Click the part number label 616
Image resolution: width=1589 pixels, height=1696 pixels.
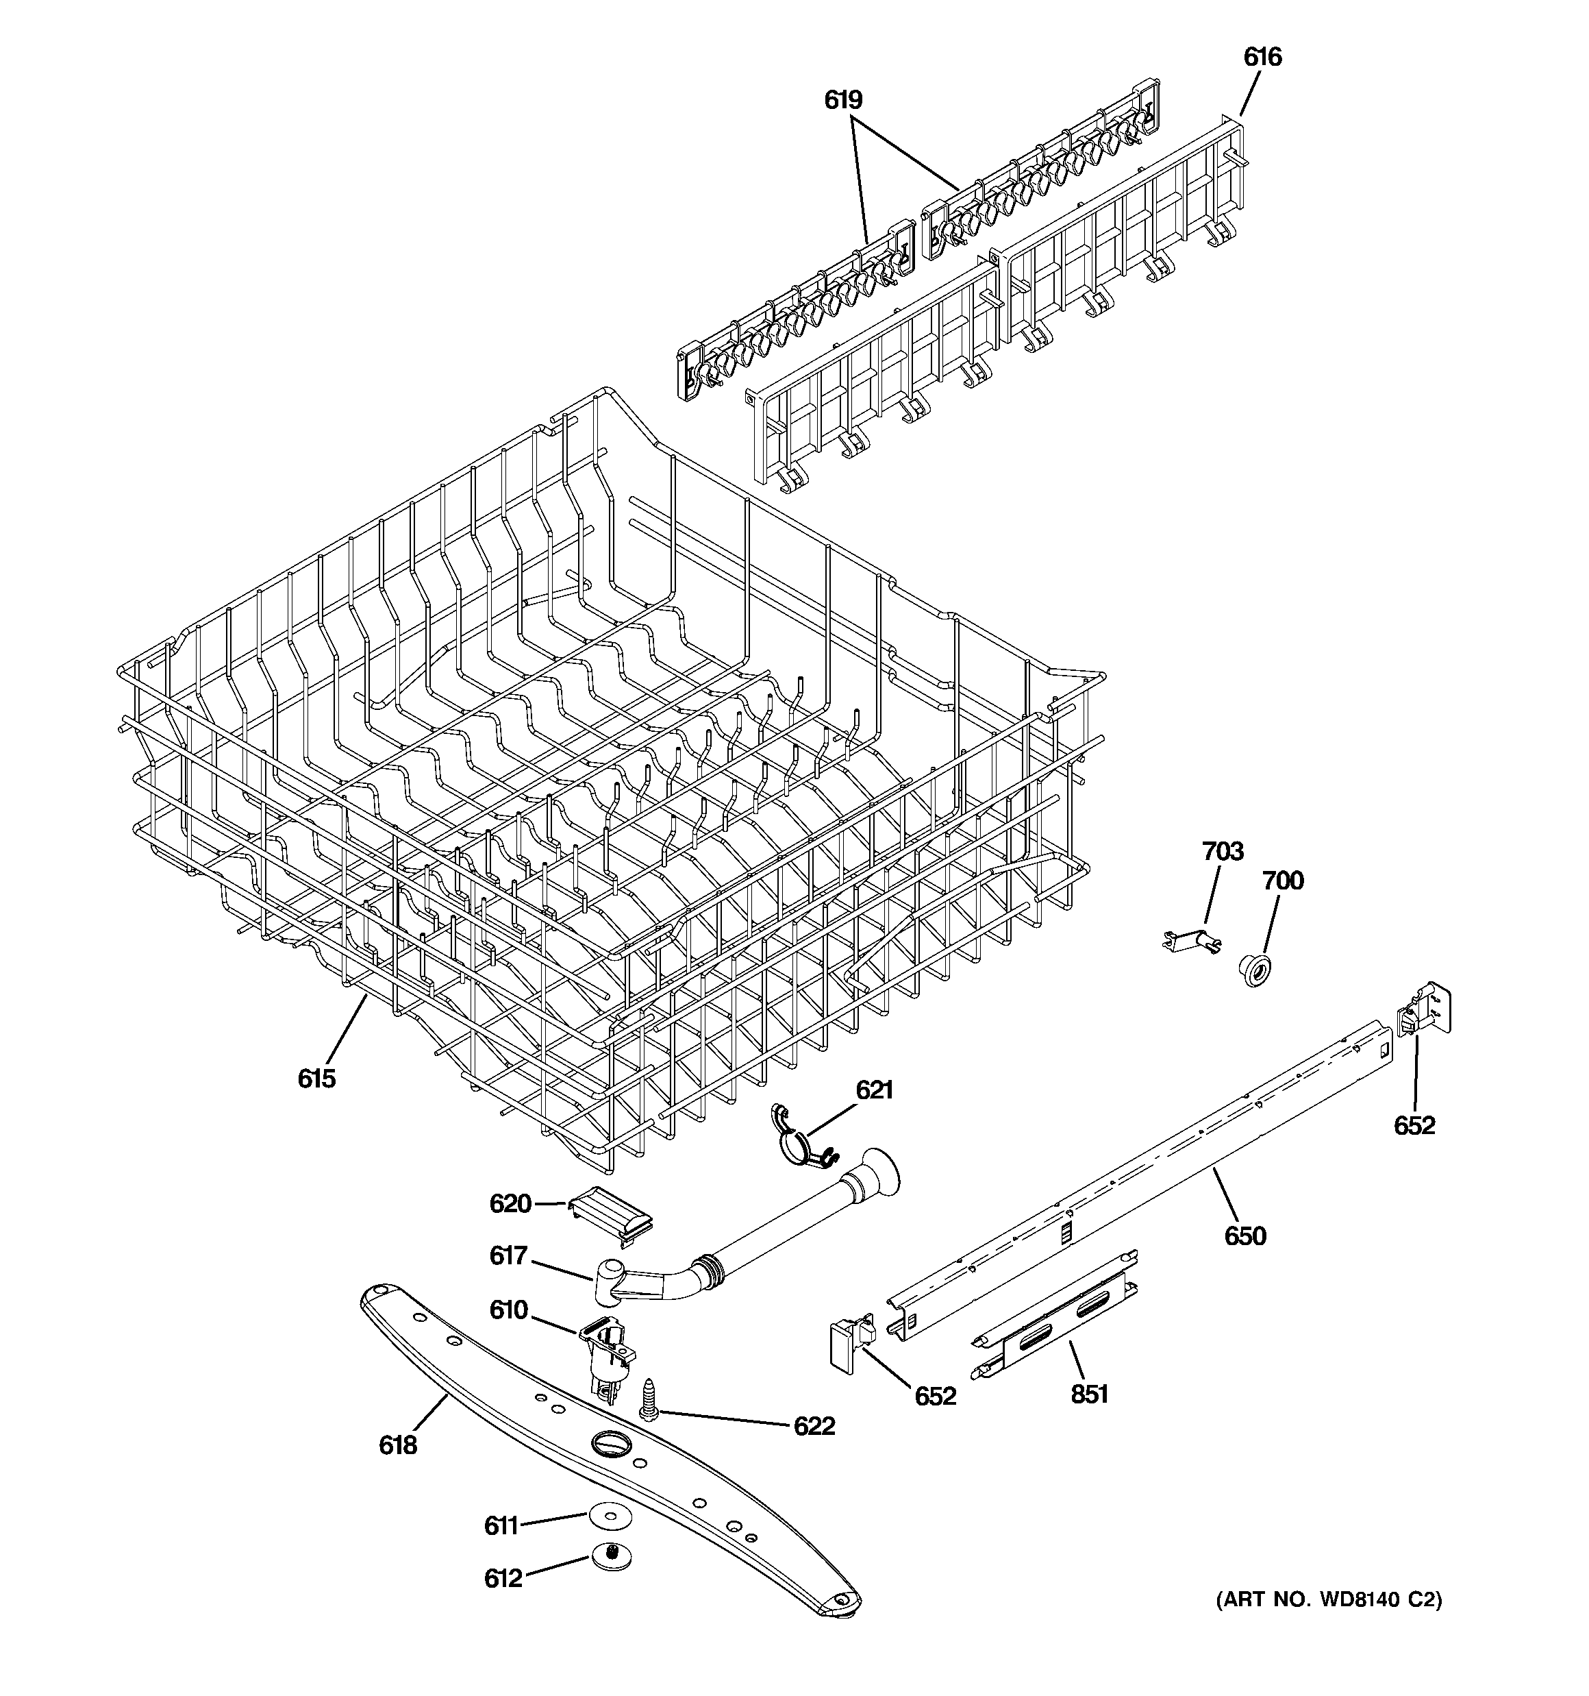1262,57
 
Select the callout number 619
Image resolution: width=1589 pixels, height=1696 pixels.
842,101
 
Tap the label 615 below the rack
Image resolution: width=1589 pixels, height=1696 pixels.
316,1079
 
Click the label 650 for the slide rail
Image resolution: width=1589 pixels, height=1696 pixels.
1245,1236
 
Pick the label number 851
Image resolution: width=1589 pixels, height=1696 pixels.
1089,1394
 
